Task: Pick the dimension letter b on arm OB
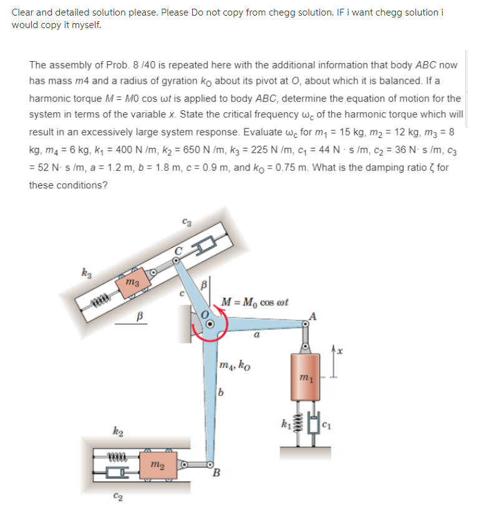[220, 392]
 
